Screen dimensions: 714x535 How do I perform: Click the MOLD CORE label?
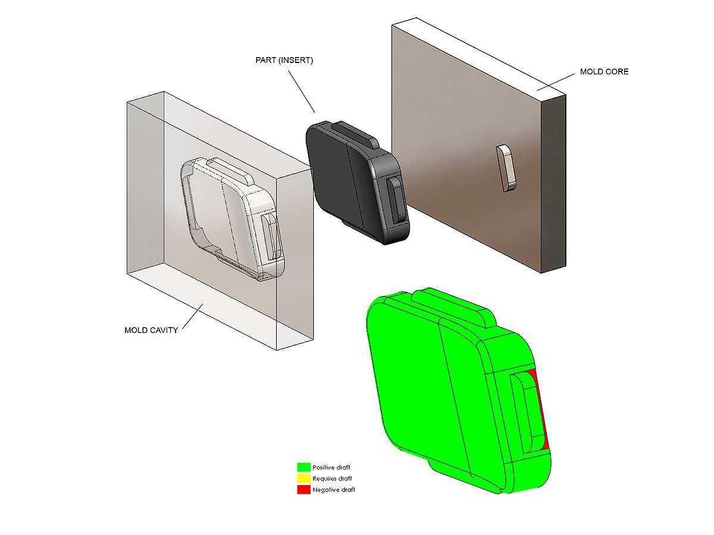pos(604,72)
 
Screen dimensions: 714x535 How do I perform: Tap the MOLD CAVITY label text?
pos(151,331)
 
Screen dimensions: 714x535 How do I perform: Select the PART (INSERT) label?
pos(284,60)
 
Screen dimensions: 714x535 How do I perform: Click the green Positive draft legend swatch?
pos(303,467)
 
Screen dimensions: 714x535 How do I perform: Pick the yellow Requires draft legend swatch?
pos(303,478)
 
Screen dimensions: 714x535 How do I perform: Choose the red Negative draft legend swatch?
pos(303,489)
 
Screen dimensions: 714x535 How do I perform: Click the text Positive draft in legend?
pos(331,467)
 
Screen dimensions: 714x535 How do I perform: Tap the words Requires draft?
pos(332,479)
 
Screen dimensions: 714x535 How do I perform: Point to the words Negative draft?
pos(334,489)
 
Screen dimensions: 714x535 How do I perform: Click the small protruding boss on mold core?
pos(504,168)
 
